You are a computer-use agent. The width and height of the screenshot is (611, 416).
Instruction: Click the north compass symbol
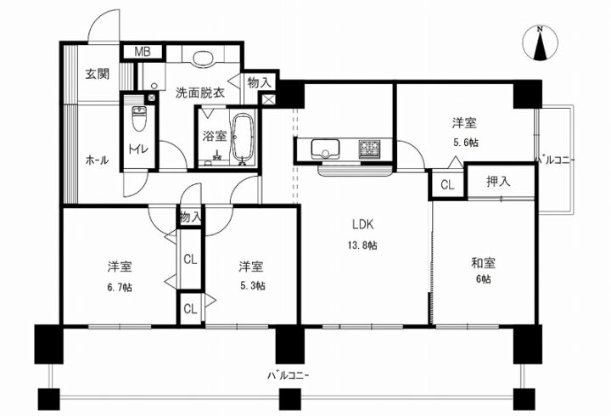point(540,43)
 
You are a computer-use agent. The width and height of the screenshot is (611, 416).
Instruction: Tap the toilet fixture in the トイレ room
point(139,119)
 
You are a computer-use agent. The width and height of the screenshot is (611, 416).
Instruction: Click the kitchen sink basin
point(325,149)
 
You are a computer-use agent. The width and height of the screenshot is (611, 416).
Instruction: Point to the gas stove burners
point(368,149)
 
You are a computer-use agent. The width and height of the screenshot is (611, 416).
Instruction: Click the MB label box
point(143,52)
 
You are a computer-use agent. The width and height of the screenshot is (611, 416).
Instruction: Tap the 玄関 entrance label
point(98,74)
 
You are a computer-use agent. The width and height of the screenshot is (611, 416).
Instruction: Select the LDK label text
point(363,224)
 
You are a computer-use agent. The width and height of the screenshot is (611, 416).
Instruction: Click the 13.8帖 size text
point(362,245)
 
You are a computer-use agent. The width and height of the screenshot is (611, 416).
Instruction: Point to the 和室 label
point(483,263)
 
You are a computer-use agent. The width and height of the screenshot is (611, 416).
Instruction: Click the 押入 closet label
point(498,182)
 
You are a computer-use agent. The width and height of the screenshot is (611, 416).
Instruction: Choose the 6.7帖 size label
point(120,288)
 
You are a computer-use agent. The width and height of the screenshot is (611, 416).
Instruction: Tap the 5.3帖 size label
point(253,286)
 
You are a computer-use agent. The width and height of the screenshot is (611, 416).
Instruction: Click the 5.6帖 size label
point(466,143)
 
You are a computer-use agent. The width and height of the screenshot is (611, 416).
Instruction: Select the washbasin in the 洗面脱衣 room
point(203,59)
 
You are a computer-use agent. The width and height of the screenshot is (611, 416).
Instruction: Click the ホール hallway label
point(97,160)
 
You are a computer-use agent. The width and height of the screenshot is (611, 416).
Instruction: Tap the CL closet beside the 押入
point(448,184)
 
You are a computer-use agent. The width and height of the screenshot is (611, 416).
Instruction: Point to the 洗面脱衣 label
point(200,93)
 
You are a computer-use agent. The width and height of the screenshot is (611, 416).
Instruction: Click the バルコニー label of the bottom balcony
point(288,376)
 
